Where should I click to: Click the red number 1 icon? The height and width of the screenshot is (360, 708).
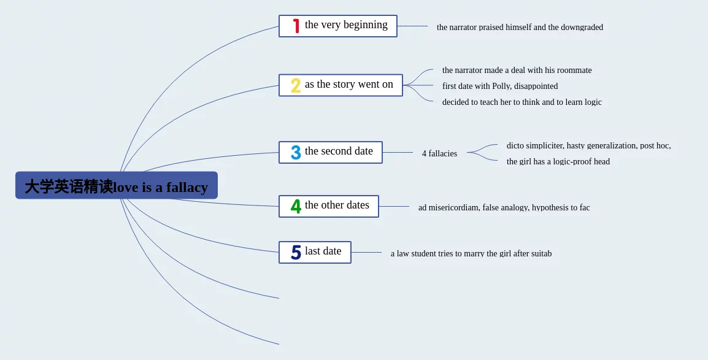tap(296, 26)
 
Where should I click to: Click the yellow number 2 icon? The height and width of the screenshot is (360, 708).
tap(296, 86)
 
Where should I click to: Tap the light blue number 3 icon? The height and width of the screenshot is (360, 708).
tap(296, 153)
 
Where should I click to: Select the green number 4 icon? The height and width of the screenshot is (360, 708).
tap(296, 206)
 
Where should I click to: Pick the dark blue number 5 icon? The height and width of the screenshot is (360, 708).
tap(296, 252)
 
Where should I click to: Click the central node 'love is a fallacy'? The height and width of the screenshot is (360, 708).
tap(117, 185)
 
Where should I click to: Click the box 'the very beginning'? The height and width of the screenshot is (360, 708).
tap(338, 26)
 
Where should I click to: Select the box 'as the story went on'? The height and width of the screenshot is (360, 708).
tap(341, 85)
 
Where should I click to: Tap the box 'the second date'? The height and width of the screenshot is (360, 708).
tap(331, 153)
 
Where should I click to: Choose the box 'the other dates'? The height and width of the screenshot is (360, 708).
tap(329, 206)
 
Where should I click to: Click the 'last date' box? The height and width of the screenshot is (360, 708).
tap(315, 252)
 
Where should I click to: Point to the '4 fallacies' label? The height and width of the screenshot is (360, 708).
tap(439, 153)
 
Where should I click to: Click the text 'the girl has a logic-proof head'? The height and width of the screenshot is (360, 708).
tap(558, 161)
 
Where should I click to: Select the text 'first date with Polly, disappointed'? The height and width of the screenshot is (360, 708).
tap(500, 86)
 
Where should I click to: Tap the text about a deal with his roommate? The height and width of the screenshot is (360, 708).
tap(517, 70)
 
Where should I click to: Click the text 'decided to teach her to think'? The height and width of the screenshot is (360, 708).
tap(522, 102)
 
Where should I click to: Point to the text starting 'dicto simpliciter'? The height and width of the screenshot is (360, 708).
tap(589, 145)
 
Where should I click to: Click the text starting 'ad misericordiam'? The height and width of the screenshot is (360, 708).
tap(504, 207)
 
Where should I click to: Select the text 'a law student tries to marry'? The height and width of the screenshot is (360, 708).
tap(471, 253)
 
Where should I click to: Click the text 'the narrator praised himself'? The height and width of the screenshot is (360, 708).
tap(520, 27)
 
